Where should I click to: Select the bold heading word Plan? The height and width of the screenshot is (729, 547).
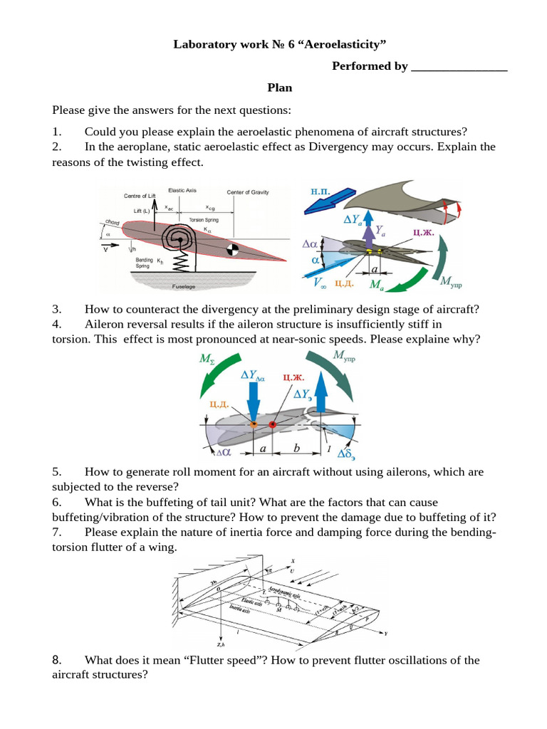point(280,88)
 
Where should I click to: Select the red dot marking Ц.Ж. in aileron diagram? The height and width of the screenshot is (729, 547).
point(273,425)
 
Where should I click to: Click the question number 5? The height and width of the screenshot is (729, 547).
point(56,472)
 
